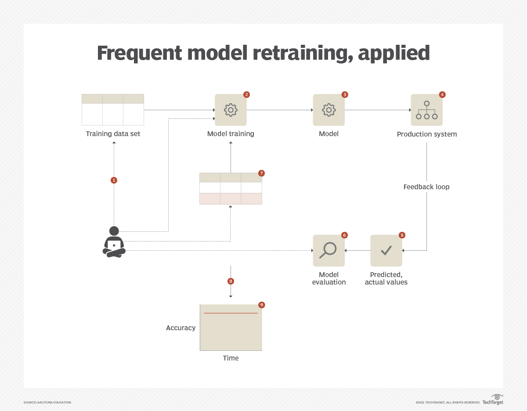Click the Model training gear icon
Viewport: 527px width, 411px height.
231,110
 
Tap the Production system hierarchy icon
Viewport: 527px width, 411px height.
427,110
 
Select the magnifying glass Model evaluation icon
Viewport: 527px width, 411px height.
328,250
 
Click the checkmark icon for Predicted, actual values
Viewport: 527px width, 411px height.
386,250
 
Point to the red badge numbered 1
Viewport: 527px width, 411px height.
114,180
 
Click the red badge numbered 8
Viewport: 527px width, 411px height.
231,281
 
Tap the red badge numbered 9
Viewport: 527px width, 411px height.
262,305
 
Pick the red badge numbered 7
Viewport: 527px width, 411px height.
262,173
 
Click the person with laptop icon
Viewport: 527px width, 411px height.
114,242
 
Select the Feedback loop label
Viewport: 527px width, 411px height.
426,187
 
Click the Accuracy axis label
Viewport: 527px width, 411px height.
180,328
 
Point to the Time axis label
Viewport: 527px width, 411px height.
231,358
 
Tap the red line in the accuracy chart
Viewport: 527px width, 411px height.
231,313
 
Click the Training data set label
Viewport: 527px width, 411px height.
113,134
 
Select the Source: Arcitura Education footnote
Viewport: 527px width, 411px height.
47,402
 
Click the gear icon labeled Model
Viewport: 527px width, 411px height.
328,110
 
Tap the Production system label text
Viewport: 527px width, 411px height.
427,134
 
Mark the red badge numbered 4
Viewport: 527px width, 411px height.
442,94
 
